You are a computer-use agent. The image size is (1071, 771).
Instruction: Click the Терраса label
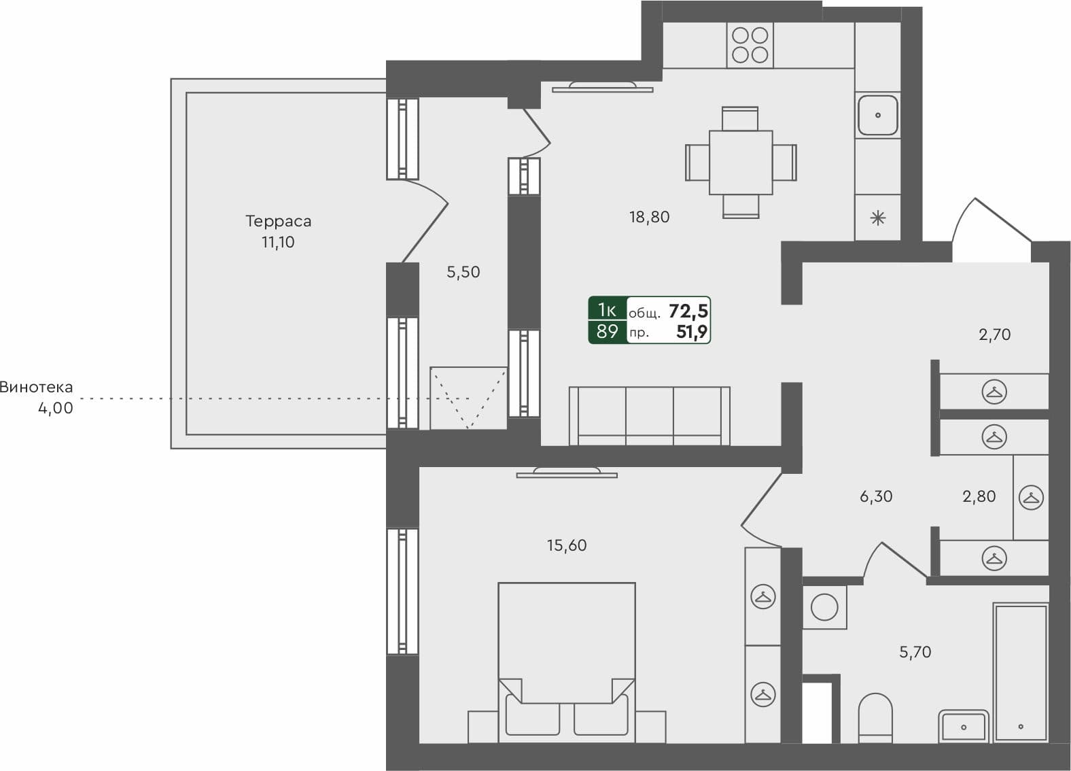coord(278,221)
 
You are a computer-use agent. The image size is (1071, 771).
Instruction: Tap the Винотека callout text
coord(36,388)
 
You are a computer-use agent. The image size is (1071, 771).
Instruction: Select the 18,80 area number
coord(649,217)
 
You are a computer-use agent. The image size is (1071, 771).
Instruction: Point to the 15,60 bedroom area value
coord(566,545)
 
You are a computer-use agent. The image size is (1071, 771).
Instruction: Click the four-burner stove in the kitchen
coord(750,45)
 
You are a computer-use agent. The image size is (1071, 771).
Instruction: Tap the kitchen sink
coord(877,116)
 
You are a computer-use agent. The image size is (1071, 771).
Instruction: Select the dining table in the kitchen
coord(740,162)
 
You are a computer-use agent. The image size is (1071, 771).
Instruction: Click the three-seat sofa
coord(649,415)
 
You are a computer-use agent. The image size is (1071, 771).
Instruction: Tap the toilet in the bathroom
coord(875,718)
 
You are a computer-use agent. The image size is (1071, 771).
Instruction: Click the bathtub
coord(1021,672)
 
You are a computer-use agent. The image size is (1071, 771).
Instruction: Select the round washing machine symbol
coord(824,607)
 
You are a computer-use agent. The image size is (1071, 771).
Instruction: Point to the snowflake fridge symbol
coord(878,218)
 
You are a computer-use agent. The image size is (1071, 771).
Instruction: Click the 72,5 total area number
coord(688,311)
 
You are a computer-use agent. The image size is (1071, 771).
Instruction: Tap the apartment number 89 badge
coord(607,332)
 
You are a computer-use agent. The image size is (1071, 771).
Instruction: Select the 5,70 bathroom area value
coord(915,652)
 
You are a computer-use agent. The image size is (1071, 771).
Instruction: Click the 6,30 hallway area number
coord(876,496)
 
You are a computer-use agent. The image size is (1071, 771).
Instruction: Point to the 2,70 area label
coord(994,335)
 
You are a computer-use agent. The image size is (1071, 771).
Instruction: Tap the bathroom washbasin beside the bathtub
coord(963,726)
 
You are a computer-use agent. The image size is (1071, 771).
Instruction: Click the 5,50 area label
coord(463,272)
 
